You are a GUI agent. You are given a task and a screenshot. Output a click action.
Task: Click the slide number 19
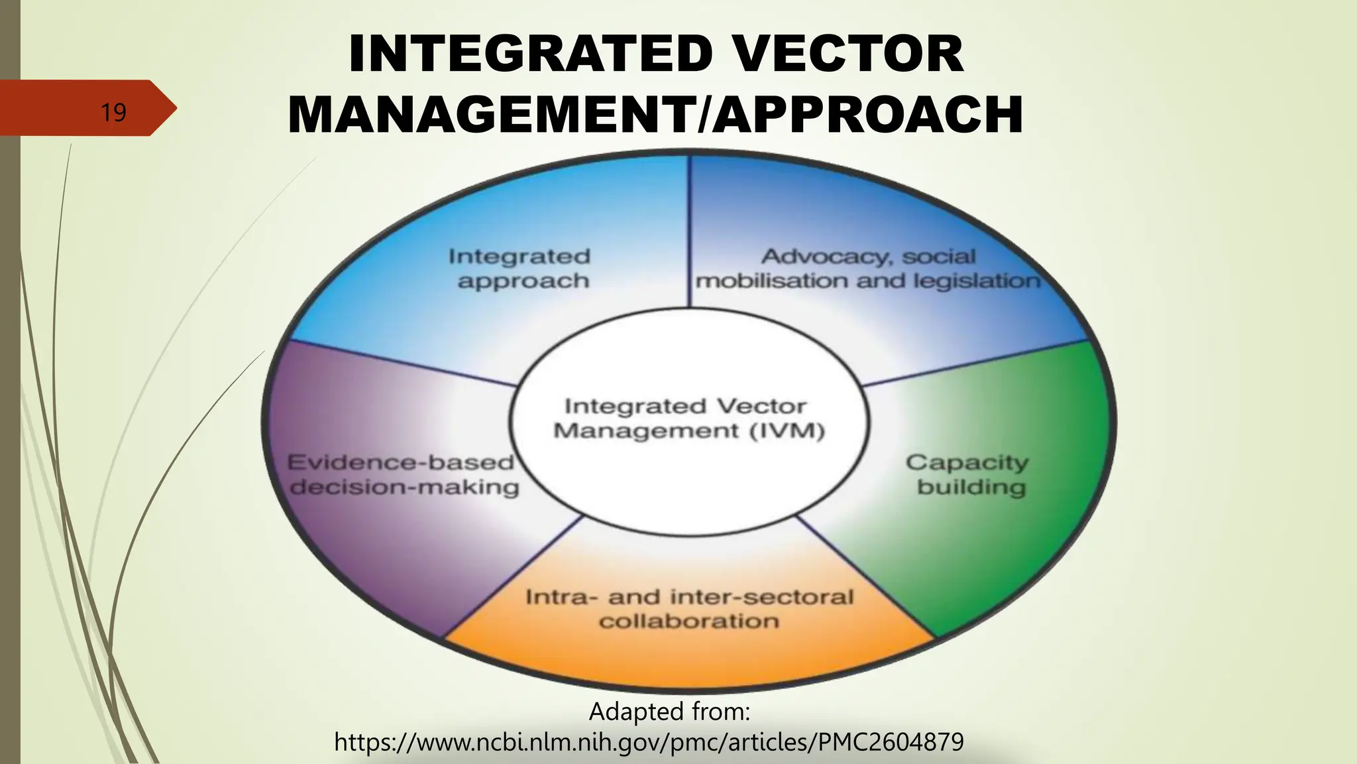click(x=113, y=112)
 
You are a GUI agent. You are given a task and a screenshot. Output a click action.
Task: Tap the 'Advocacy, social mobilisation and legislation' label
click(x=868, y=269)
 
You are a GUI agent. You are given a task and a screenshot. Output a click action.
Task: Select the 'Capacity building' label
click(x=969, y=474)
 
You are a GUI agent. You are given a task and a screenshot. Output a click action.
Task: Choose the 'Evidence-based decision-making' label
click(x=403, y=474)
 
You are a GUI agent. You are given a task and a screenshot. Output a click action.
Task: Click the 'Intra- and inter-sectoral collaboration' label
click(x=689, y=609)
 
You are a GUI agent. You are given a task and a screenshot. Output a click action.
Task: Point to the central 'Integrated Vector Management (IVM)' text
click(x=688, y=418)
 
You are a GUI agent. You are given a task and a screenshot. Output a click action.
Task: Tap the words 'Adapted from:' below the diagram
click(x=669, y=712)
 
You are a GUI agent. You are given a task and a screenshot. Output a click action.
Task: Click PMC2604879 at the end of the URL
click(x=891, y=741)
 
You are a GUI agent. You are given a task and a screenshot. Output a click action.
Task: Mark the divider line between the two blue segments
click(x=689, y=232)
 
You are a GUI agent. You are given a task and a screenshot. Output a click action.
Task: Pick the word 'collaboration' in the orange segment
click(x=689, y=621)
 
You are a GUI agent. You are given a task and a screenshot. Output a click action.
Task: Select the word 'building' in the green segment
click(x=971, y=487)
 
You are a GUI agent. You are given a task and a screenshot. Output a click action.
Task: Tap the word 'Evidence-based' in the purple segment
click(x=400, y=462)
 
